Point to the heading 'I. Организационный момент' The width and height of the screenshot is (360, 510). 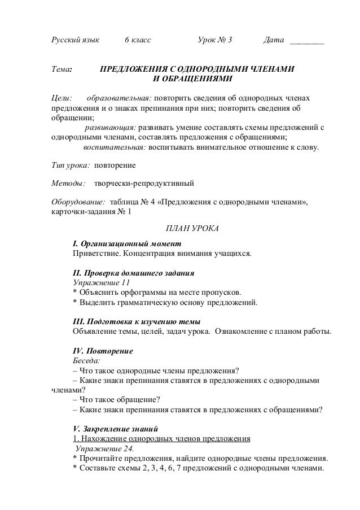tap(128, 244)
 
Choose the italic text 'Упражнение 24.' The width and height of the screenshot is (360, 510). tap(102, 448)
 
